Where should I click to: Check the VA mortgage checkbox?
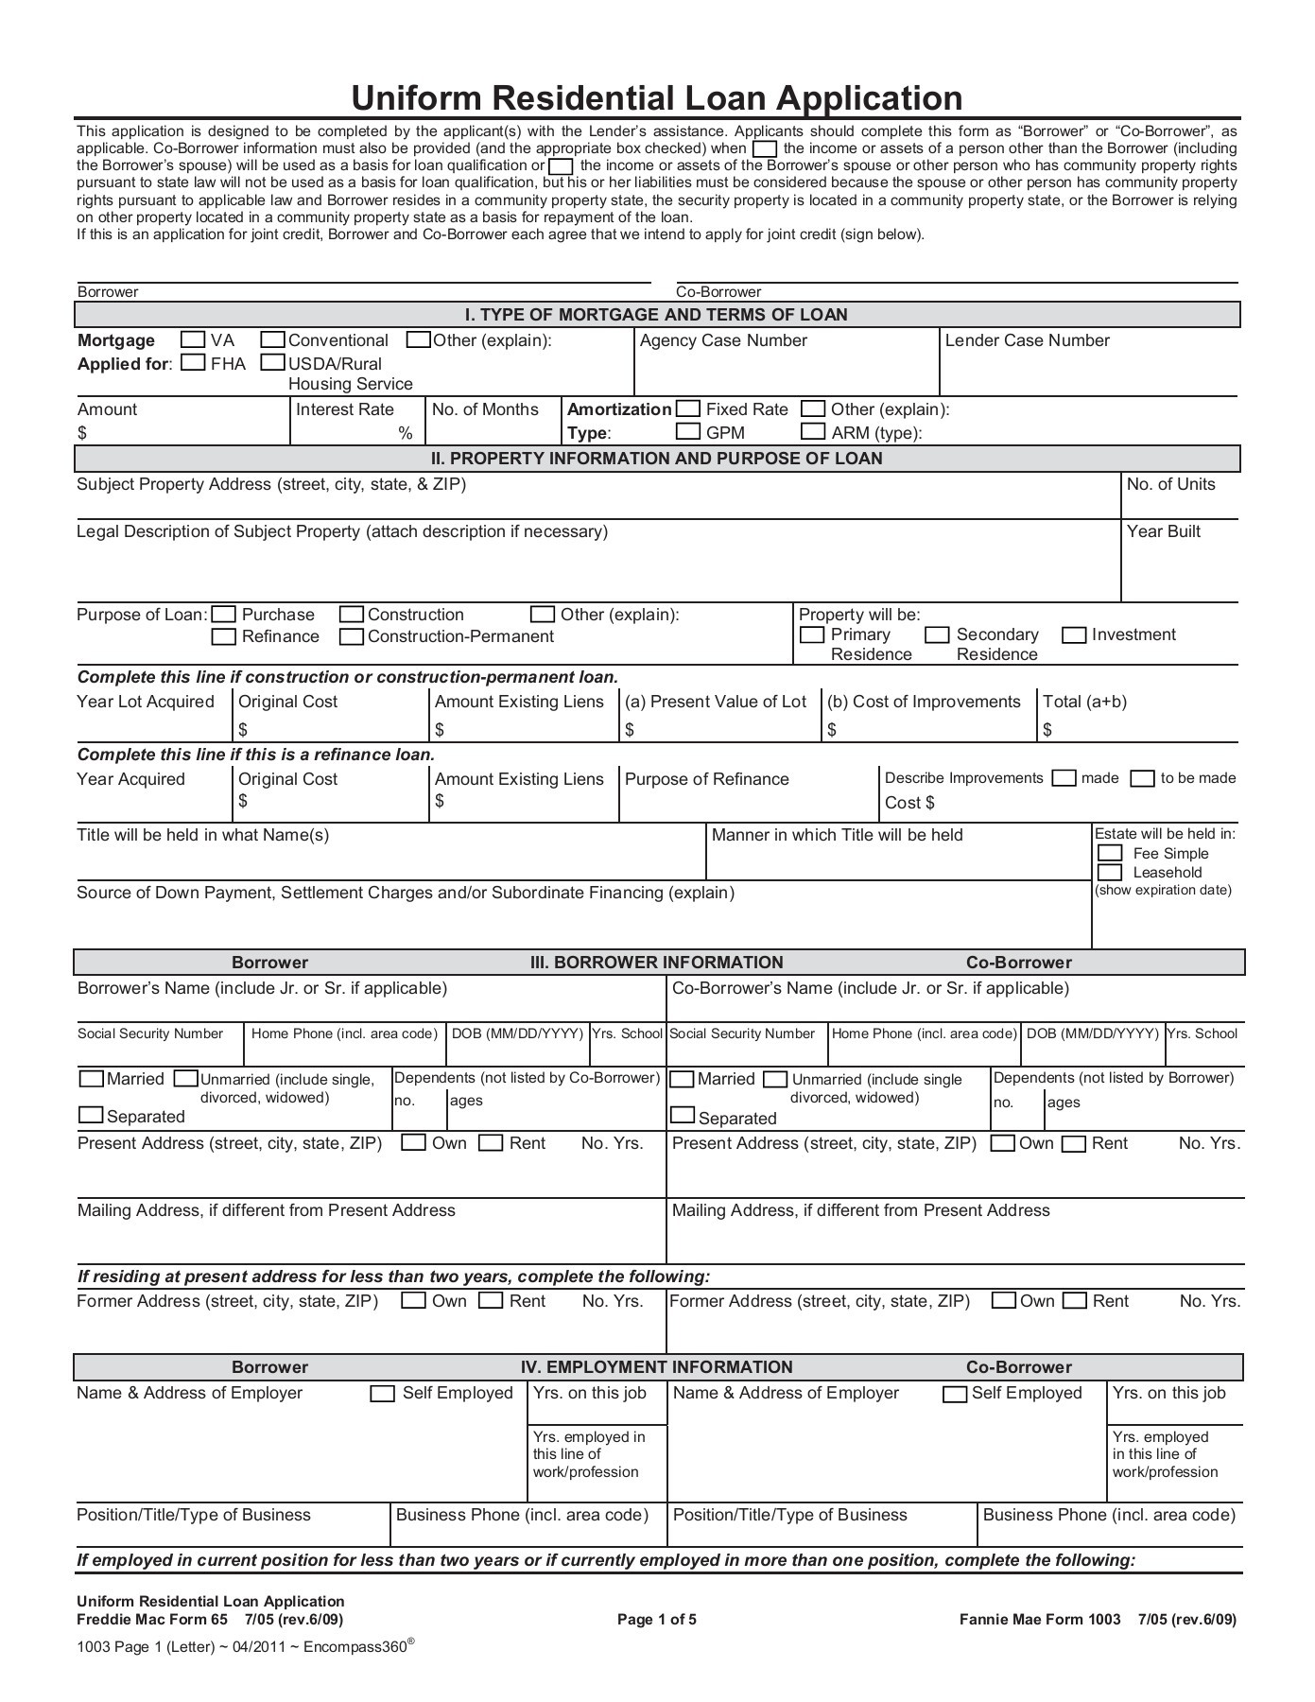(x=193, y=339)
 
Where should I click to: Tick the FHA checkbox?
(x=193, y=362)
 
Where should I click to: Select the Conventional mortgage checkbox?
(x=274, y=339)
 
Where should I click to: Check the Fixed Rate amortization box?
(x=689, y=408)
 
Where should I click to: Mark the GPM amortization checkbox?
(x=689, y=432)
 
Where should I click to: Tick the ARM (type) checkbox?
(x=813, y=432)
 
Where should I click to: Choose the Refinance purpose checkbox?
(x=224, y=636)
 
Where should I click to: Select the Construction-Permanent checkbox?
(x=352, y=636)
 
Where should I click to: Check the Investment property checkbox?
(x=1074, y=634)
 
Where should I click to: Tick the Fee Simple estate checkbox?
(x=1110, y=853)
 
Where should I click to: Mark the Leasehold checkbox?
(x=1110, y=872)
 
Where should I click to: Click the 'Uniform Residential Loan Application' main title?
(x=657, y=98)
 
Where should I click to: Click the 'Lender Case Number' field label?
(x=1027, y=340)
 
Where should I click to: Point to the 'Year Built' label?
(x=1163, y=531)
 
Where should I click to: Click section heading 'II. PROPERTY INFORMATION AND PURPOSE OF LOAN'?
(x=657, y=459)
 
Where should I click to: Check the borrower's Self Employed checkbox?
(x=383, y=1394)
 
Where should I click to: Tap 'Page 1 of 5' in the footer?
(x=657, y=1620)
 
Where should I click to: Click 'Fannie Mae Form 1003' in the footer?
(x=1040, y=1620)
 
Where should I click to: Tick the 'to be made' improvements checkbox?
(x=1144, y=778)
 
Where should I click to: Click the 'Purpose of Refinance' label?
(x=706, y=779)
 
